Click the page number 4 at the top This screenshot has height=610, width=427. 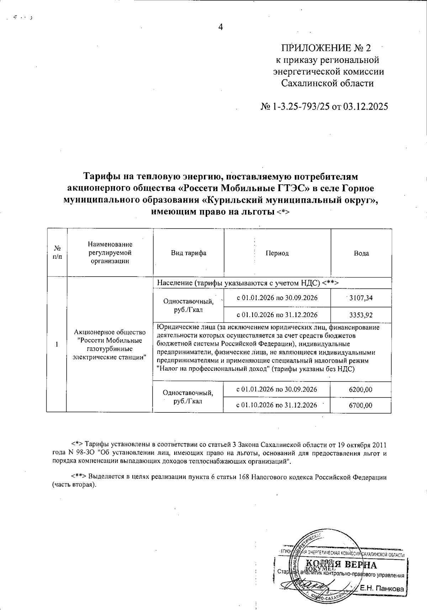pyautogui.click(x=220, y=27)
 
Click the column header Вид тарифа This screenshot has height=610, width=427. pyautogui.click(x=188, y=253)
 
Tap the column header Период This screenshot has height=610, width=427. pyautogui.click(x=277, y=253)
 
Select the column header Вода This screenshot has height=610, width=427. pyautogui.click(x=361, y=253)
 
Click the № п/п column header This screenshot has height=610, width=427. pyautogui.click(x=57, y=253)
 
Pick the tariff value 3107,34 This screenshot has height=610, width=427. pyautogui.click(x=361, y=298)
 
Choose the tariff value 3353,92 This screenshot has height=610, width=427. pyautogui.click(x=361, y=315)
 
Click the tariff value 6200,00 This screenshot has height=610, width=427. pyautogui.click(x=361, y=390)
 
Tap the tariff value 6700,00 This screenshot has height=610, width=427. pyautogui.click(x=361, y=405)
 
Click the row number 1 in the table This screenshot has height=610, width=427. pyautogui.click(x=57, y=344)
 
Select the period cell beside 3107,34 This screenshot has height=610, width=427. pyautogui.click(x=277, y=298)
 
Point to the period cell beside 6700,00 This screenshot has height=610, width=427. pyautogui.click(x=277, y=405)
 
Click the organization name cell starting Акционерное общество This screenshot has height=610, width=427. pyautogui.click(x=110, y=344)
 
